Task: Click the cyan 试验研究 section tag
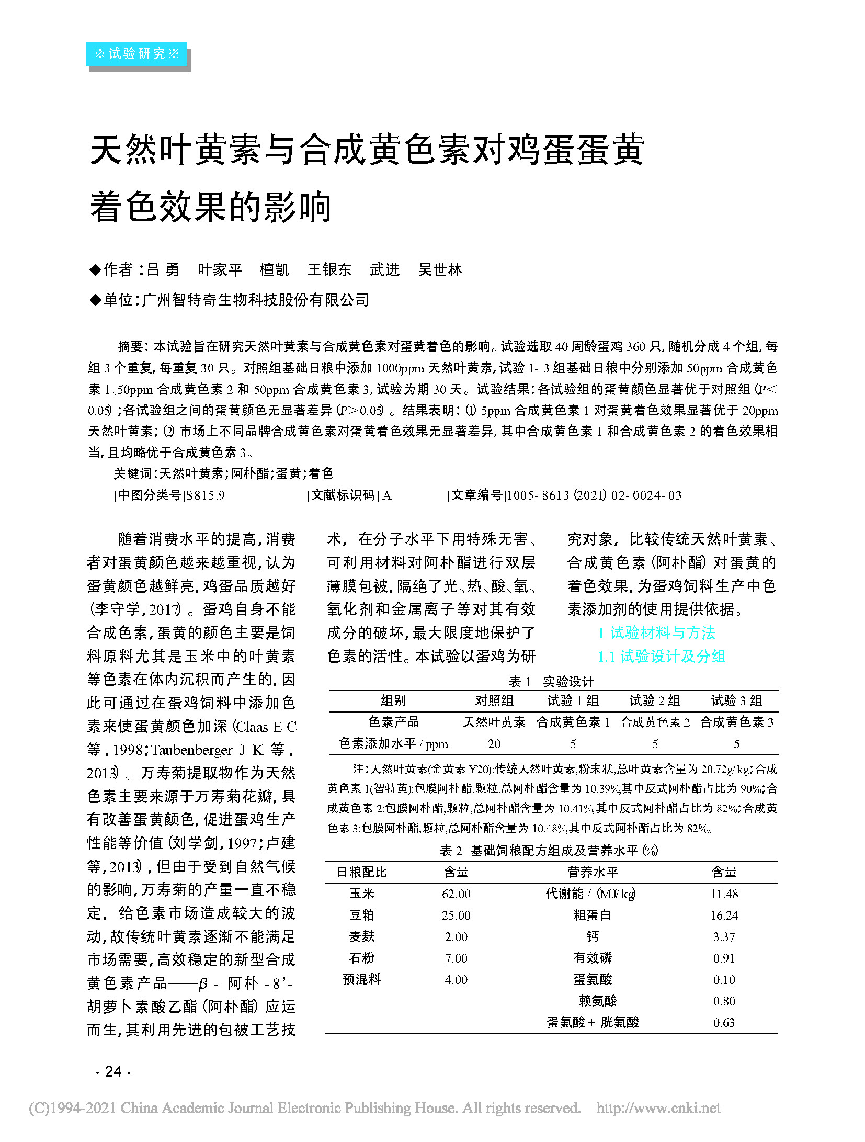[136, 54]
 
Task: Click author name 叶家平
[220, 269]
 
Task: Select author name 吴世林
[440, 269]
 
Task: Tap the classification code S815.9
[206, 495]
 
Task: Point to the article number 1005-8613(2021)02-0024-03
[594, 495]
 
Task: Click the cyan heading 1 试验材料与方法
[656, 632]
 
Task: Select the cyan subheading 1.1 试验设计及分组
[662, 656]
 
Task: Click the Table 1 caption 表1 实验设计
[551, 681]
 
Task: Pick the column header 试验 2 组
[655, 700]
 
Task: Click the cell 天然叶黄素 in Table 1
[494, 722]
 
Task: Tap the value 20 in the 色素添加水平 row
[494, 744]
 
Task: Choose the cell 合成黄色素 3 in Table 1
[736, 722]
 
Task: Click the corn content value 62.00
[456, 894]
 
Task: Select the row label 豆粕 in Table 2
[362, 915]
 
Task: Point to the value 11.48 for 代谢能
[724, 894]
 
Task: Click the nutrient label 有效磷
[593, 958]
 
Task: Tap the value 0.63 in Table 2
[724, 1022]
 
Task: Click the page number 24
[113, 1071]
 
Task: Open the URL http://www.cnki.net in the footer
[658, 1108]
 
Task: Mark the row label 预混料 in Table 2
[362, 979]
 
